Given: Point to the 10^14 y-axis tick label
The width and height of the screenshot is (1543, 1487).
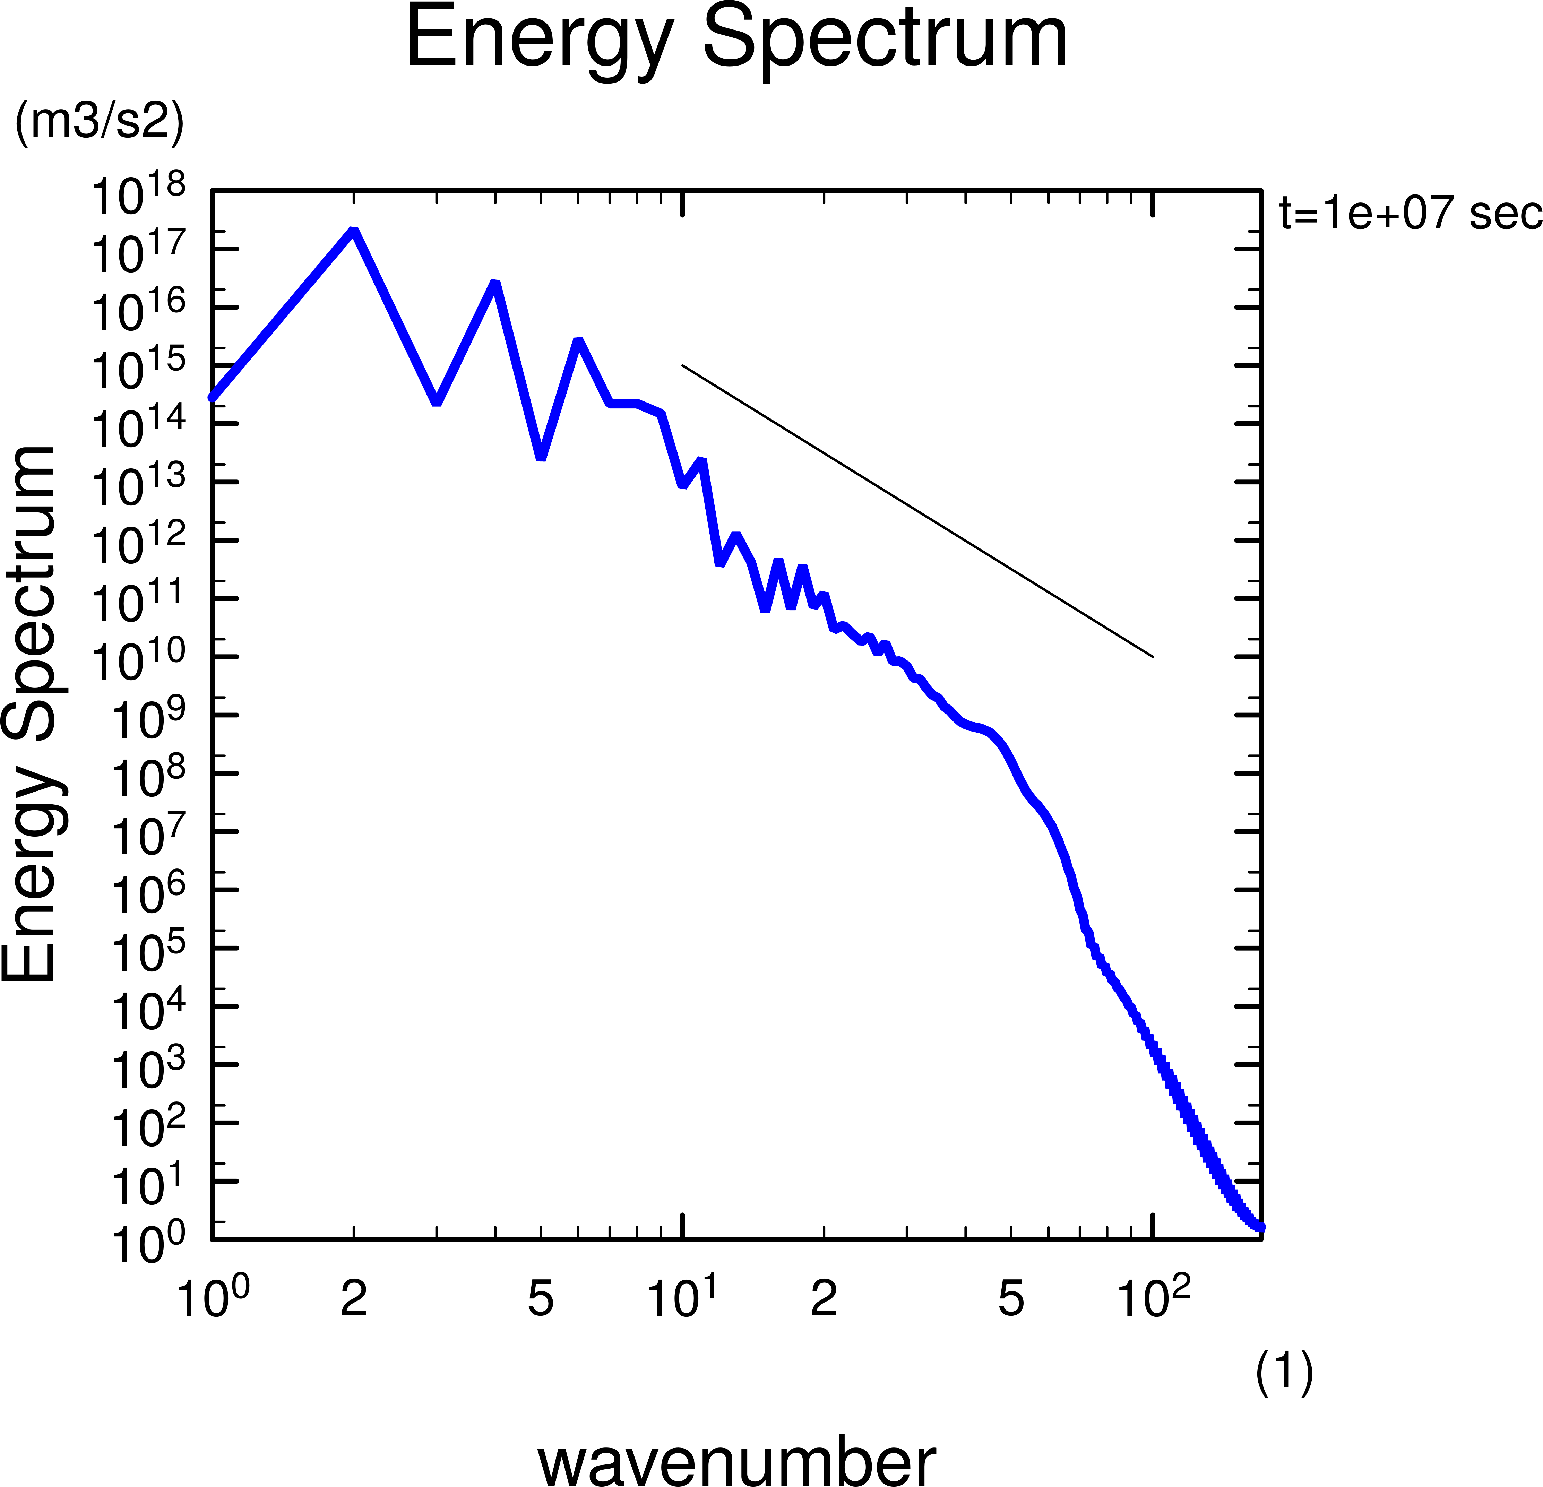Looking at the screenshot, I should tap(139, 427).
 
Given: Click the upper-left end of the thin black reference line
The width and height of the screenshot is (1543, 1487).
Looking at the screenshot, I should tap(682, 365).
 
